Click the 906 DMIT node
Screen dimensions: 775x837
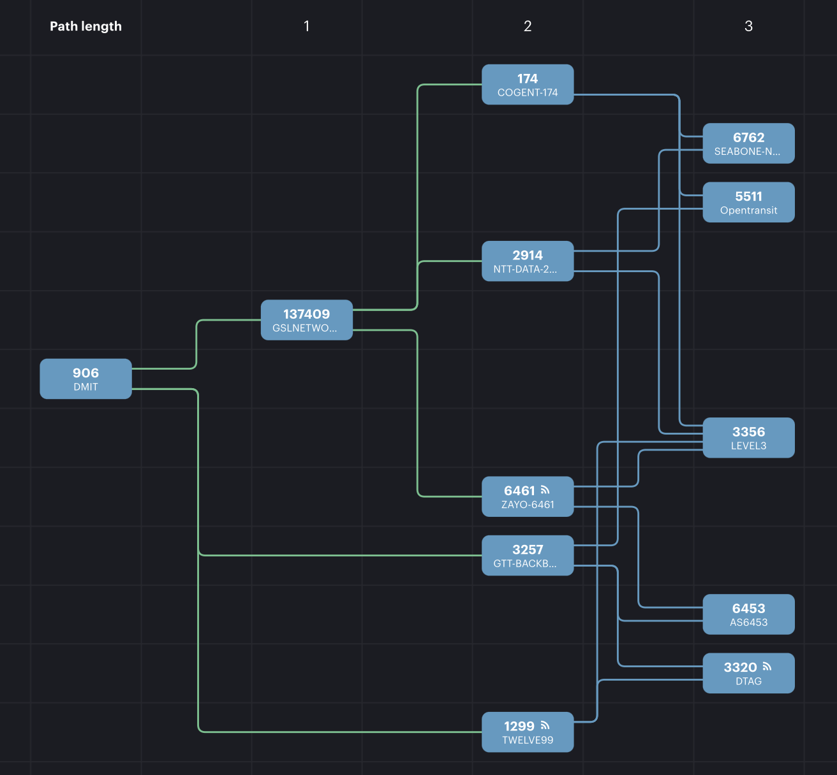[85, 379]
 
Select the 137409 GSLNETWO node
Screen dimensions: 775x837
[306, 320]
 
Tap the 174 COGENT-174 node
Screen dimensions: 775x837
[528, 85]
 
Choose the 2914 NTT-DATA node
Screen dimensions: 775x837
[528, 261]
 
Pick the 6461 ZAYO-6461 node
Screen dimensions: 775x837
[528, 496]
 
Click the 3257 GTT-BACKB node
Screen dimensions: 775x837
[528, 556]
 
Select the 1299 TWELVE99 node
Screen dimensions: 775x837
[528, 732]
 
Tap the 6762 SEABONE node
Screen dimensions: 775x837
[748, 143]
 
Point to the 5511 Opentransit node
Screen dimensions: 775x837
[748, 203]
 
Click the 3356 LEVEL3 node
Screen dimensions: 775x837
[748, 438]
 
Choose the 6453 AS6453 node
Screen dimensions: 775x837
[748, 614]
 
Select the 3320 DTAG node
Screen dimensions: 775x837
[748, 673]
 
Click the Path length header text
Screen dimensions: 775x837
[85, 26]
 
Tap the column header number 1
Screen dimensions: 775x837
[307, 26]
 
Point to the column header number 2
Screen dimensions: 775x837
[528, 26]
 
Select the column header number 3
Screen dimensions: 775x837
[748, 26]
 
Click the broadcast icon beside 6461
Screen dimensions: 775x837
[545, 490]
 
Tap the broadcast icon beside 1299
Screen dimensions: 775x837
[545, 725]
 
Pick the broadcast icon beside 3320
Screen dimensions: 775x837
[767, 667]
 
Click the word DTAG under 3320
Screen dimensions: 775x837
[748, 681]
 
